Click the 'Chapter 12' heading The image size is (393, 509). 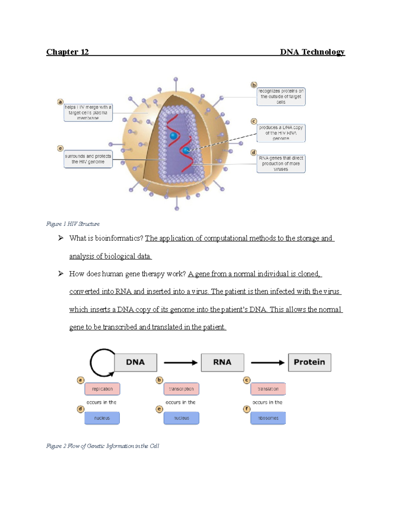[x=67, y=52]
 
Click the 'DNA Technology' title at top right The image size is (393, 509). [x=312, y=52]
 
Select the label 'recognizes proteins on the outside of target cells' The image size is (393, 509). [x=281, y=97]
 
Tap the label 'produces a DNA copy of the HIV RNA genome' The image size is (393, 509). [x=281, y=133]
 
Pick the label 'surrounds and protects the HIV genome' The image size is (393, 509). [x=88, y=159]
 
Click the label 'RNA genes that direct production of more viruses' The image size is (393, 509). [x=281, y=164]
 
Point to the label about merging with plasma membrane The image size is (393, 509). [x=88, y=112]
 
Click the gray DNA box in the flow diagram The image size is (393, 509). [x=135, y=362]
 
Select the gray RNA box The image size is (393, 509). [x=222, y=362]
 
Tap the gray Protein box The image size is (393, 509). [x=309, y=362]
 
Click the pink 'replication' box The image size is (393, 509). [x=102, y=389]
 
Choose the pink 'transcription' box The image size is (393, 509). [x=181, y=389]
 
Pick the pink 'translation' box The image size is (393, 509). [x=268, y=389]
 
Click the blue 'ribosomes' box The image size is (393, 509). [x=268, y=418]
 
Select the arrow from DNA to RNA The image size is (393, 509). [x=180, y=362]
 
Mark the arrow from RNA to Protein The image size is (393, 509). [x=267, y=362]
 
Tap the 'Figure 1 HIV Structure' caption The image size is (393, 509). [x=73, y=224]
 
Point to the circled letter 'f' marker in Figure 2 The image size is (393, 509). [x=247, y=409]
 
